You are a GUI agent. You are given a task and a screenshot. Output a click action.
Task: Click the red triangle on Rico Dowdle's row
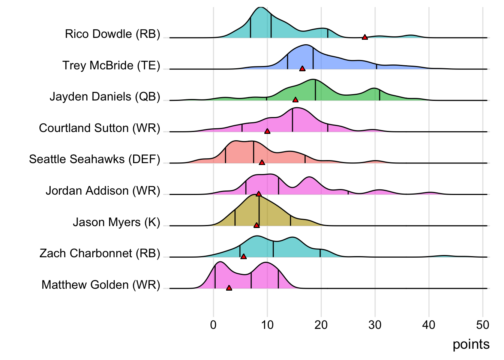[364, 37]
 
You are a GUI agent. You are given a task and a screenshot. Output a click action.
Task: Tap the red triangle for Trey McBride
[302, 68]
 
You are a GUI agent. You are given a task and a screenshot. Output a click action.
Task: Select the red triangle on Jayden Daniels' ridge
[295, 100]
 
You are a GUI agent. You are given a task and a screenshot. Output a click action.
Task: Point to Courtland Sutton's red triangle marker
[267, 131]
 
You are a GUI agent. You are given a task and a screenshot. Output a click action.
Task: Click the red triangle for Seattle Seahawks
[262, 162]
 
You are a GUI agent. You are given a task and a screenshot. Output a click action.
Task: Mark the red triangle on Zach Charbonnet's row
[243, 256]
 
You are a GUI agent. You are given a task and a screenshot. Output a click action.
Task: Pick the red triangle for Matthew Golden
[229, 288]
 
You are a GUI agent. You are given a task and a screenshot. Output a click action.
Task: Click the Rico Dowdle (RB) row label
[112, 34]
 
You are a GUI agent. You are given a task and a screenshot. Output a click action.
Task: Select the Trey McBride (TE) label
[111, 66]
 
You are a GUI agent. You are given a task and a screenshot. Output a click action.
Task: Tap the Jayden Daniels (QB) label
[105, 97]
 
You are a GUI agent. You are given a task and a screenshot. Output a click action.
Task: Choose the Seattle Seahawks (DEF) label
[94, 159]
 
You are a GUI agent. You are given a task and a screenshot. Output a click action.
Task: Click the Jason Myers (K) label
[117, 222]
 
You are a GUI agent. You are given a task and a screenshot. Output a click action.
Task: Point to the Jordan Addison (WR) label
[103, 191]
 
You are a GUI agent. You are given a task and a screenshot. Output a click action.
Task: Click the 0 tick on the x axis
[213, 325]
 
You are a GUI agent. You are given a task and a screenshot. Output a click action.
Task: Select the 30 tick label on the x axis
[375, 325]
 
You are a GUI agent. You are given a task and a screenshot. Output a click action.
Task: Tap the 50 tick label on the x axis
[483, 325]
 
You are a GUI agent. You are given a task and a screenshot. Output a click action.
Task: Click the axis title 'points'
[471, 344]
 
